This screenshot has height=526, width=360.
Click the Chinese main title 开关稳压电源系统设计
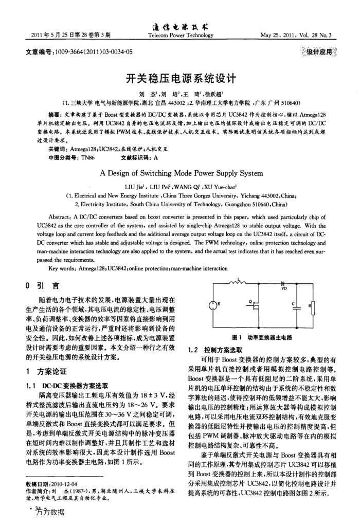click(180, 79)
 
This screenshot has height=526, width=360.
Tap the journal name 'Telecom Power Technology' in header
click(179, 35)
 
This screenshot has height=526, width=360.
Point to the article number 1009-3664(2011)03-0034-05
click(80, 52)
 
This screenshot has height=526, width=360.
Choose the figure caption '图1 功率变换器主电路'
click(262, 337)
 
